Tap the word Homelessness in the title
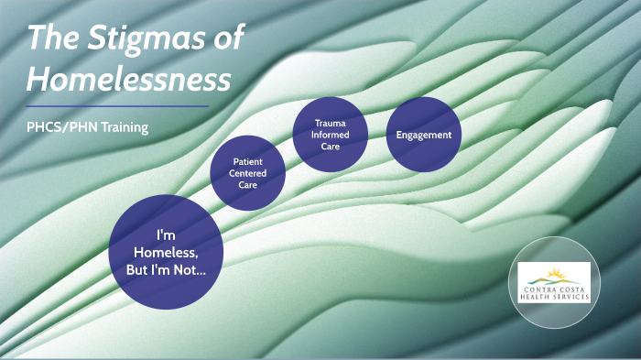click(x=128, y=81)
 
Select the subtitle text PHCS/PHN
click(x=59, y=127)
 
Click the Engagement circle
click(x=423, y=134)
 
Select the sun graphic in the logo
click(x=555, y=273)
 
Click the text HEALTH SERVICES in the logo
click(x=554, y=296)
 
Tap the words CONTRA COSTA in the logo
click(x=554, y=288)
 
